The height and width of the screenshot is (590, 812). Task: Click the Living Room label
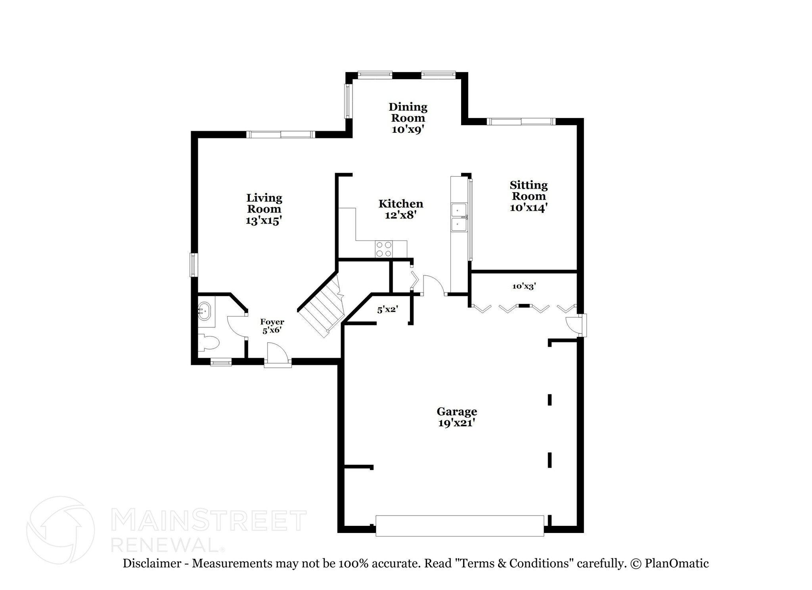pos(264,203)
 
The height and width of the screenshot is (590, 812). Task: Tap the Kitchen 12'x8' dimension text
pos(400,215)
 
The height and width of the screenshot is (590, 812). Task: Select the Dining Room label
pos(408,112)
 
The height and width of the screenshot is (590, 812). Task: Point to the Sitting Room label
pos(529,191)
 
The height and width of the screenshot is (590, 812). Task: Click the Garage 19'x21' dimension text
pos(456,423)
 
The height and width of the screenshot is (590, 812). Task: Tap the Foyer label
pos(272,322)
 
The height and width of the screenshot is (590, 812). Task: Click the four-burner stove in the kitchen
pos(384,250)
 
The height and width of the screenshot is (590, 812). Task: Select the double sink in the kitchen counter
pos(459,217)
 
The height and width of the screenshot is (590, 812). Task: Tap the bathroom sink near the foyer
pos(205,310)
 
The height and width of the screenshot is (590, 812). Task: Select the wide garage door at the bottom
pos(460,526)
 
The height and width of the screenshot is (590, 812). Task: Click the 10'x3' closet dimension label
pos(524,286)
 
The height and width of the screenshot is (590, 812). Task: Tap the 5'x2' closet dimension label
pos(387,310)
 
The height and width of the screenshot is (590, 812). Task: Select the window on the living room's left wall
pos(193,265)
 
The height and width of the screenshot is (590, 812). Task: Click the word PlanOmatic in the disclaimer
pos(676,563)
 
